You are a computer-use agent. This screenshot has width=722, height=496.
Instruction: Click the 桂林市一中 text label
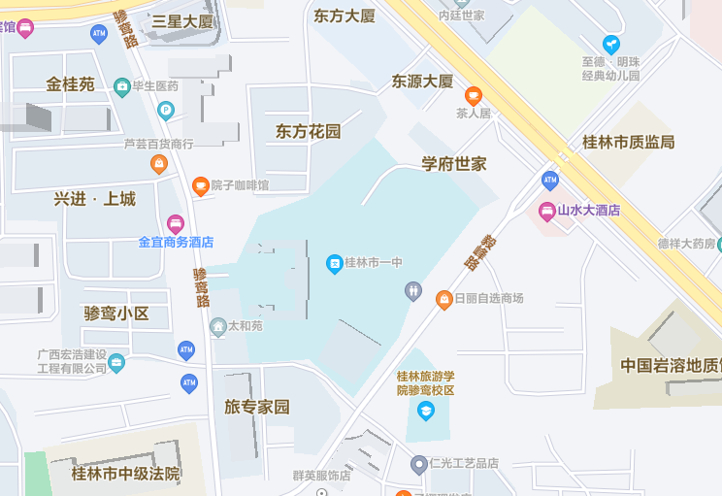click(374, 263)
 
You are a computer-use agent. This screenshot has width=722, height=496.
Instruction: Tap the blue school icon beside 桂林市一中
click(335, 263)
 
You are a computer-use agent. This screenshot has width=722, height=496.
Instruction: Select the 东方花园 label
click(309, 131)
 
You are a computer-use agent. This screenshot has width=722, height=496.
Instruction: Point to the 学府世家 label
click(453, 163)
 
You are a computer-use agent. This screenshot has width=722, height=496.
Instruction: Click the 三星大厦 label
click(182, 20)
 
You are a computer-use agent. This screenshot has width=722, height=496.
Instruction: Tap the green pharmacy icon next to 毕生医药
click(122, 86)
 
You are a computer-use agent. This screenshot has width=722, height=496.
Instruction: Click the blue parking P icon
click(166, 110)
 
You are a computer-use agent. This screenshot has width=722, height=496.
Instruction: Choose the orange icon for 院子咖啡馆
click(200, 185)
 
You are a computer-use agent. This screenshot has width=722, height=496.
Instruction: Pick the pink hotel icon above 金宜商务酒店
click(176, 224)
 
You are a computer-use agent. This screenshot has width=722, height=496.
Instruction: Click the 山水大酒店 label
click(588, 210)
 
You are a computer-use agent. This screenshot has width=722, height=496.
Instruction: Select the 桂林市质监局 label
click(628, 142)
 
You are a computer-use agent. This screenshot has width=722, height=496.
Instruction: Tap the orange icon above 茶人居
click(474, 95)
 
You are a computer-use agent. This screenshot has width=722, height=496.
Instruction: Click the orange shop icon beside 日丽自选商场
click(444, 298)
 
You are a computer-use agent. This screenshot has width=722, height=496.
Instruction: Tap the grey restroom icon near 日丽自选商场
click(413, 289)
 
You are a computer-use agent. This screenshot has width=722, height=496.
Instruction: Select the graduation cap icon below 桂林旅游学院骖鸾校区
click(425, 411)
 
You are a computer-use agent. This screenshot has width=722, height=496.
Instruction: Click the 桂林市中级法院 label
click(126, 474)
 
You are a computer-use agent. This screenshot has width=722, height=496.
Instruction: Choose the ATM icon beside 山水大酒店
click(550, 180)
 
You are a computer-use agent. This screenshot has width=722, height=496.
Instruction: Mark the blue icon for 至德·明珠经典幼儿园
click(610, 44)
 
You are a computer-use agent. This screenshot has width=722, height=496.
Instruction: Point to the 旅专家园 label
click(257, 407)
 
